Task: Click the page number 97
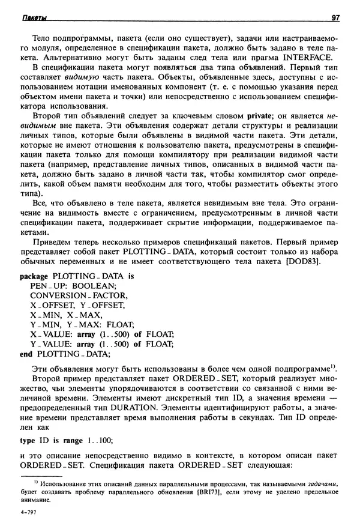point(335,18)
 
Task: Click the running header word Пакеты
point(34,18)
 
